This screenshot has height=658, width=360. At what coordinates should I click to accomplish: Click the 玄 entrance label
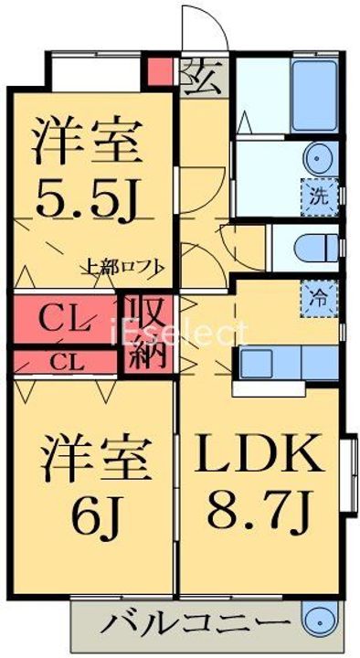tap(201, 79)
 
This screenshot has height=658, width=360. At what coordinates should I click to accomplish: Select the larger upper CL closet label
tap(64, 320)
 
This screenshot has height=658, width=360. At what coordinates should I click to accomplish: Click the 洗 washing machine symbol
tap(317, 195)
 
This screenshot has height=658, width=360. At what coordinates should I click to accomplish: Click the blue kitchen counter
tap(282, 363)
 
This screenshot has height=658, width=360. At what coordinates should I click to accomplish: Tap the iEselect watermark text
tap(180, 332)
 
